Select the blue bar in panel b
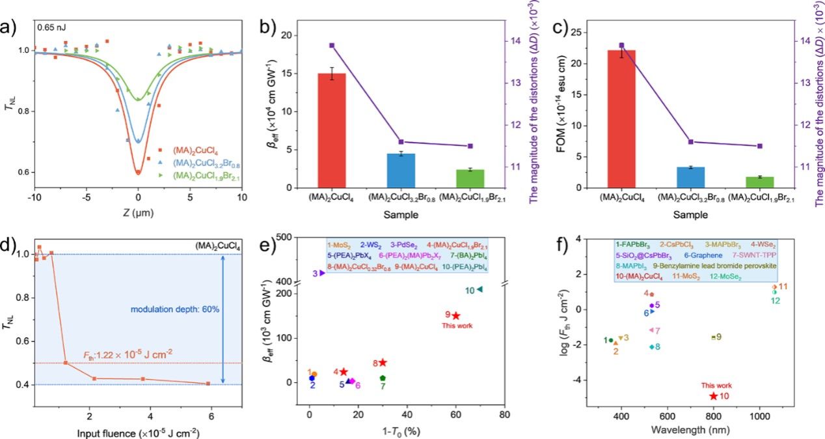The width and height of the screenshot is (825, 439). (401, 171)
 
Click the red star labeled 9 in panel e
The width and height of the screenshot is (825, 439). (456, 316)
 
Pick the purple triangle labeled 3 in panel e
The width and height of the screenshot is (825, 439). (322, 273)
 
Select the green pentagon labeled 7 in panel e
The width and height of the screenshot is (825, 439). (383, 378)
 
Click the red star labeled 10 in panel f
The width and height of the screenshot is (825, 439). (714, 396)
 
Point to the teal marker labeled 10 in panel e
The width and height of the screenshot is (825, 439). (480, 289)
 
